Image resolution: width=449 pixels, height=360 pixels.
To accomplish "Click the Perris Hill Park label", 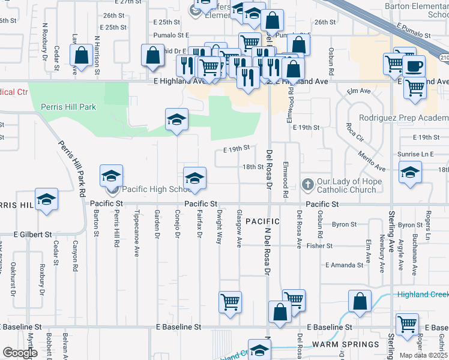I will coord(68,107).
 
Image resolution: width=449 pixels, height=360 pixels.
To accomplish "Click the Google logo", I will coord(20,353).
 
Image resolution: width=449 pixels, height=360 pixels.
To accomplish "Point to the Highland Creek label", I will coord(423,294).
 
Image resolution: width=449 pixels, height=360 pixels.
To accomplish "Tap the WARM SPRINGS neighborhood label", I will coord(345,344).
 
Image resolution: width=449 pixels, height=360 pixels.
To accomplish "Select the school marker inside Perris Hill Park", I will coord(177,120).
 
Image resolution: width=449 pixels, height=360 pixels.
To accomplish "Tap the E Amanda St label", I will coord(345,265).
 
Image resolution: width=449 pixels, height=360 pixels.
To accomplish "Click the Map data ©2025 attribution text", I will coord(424,355).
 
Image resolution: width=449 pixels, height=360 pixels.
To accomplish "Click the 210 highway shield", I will coord(444,57).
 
